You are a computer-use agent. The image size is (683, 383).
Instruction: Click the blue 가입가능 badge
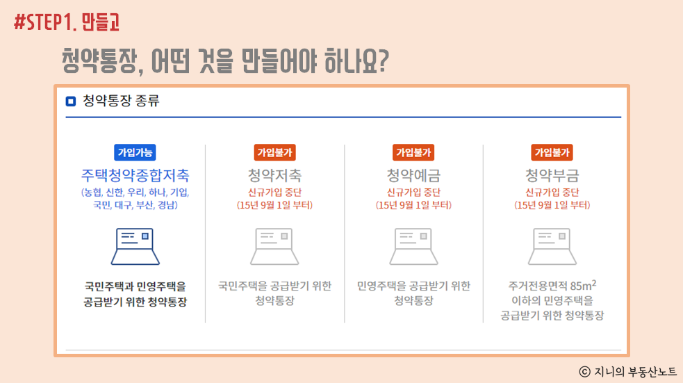point(135,152)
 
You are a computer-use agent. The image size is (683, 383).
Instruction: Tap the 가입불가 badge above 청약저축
point(274,152)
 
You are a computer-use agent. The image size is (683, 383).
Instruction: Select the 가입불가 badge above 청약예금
point(413,152)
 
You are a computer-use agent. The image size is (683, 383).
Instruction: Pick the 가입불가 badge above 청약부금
point(552,152)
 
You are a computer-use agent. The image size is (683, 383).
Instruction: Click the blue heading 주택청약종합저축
point(135,175)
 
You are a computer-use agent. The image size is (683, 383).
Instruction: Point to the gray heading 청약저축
point(274,175)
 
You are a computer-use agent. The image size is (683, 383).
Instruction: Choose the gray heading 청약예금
point(413,175)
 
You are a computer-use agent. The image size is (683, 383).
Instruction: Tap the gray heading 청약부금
point(552,175)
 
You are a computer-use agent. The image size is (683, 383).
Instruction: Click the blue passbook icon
point(135,246)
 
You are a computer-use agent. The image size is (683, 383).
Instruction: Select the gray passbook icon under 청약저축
point(274,246)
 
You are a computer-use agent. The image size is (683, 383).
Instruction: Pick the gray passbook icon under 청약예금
point(413,246)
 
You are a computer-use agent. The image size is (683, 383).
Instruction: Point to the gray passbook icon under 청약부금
point(552,246)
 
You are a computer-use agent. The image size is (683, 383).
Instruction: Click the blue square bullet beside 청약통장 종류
point(71,101)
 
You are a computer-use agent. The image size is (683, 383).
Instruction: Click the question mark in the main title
point(381,60)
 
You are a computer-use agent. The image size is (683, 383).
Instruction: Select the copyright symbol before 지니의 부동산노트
point(584,372)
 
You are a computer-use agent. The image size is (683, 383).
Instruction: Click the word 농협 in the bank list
point(93,192)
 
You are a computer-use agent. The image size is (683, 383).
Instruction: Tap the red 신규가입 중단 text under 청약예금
point(413,192)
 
